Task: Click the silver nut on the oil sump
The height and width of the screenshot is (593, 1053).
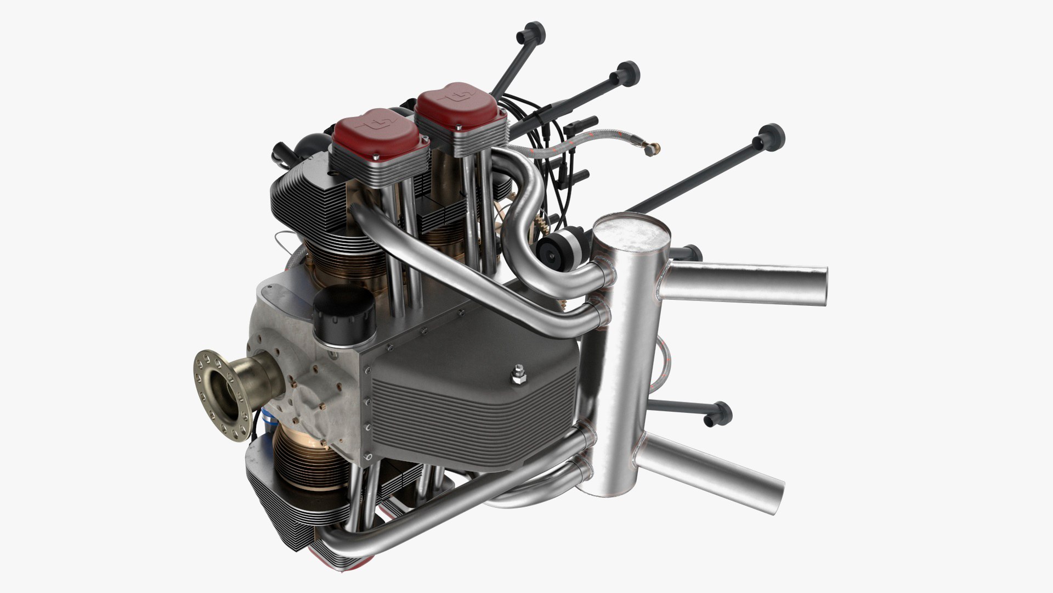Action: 518,376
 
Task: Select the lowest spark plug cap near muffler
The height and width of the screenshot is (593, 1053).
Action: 718,413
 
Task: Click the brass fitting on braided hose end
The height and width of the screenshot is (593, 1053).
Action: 652,148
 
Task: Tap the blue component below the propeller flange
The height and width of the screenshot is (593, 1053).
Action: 265,426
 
